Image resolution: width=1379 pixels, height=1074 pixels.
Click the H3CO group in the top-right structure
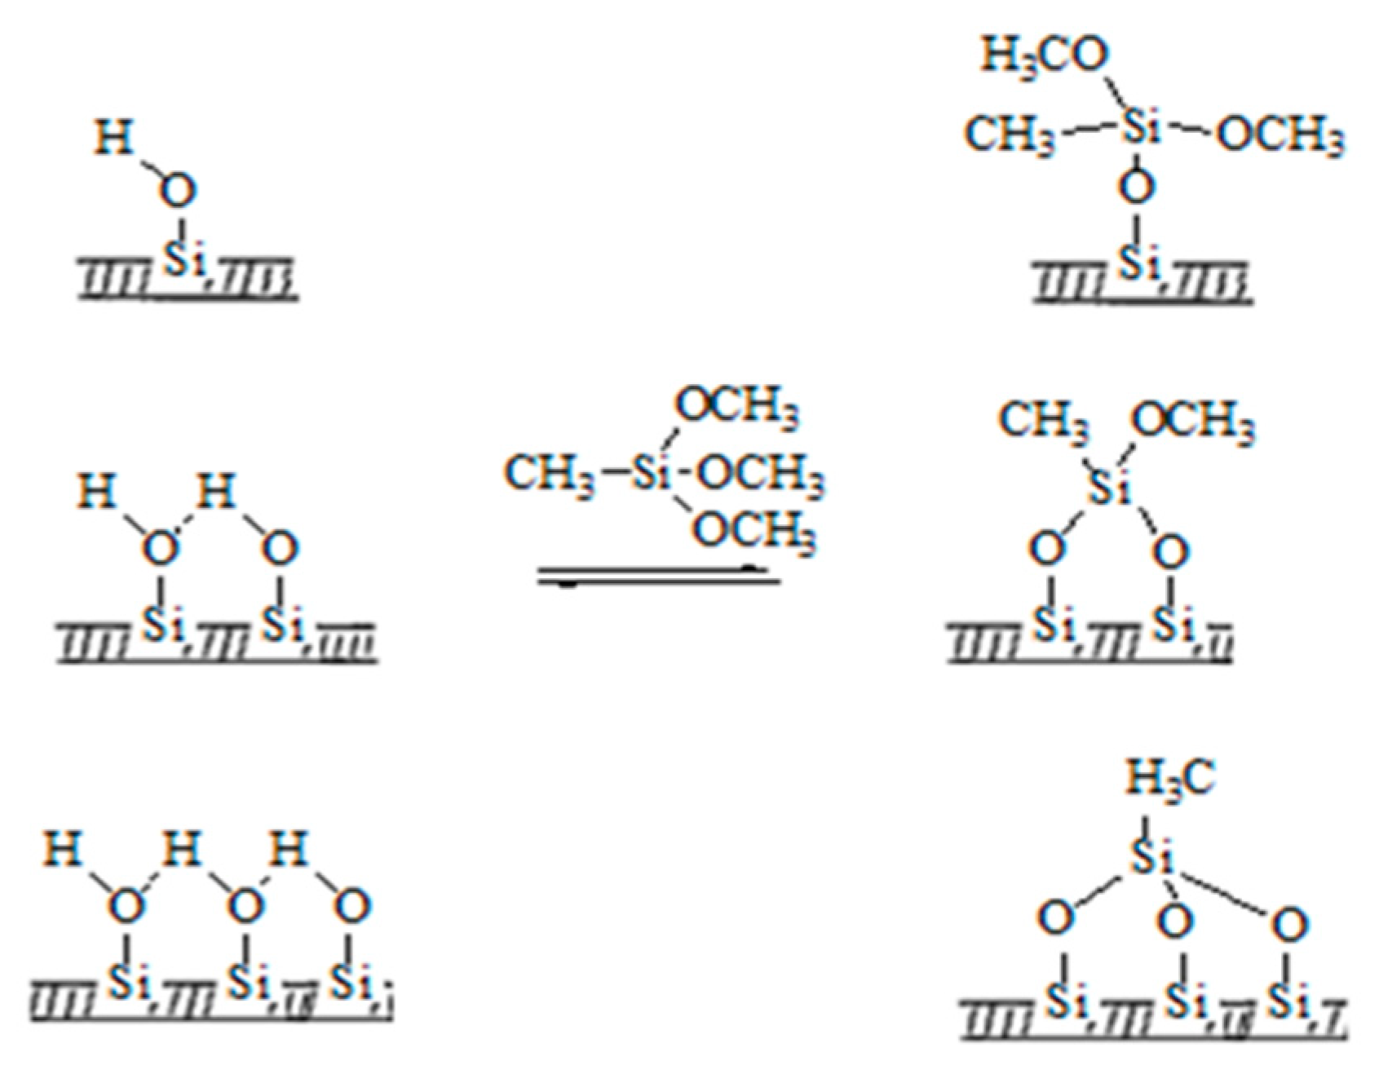1045,55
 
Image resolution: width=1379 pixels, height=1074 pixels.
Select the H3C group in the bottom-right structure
1170,777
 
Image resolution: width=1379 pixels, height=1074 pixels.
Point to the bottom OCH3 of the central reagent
754,531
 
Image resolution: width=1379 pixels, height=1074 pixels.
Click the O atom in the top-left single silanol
177,192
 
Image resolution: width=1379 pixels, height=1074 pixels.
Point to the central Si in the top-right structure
1140,129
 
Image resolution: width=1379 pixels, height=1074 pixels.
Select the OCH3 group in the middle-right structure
1192,422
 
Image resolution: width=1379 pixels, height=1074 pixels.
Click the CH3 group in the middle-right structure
1043,422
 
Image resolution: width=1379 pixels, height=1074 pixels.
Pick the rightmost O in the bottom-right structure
1289,925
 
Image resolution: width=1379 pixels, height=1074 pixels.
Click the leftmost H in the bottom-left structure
63,849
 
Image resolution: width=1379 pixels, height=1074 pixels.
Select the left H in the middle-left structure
97,493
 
